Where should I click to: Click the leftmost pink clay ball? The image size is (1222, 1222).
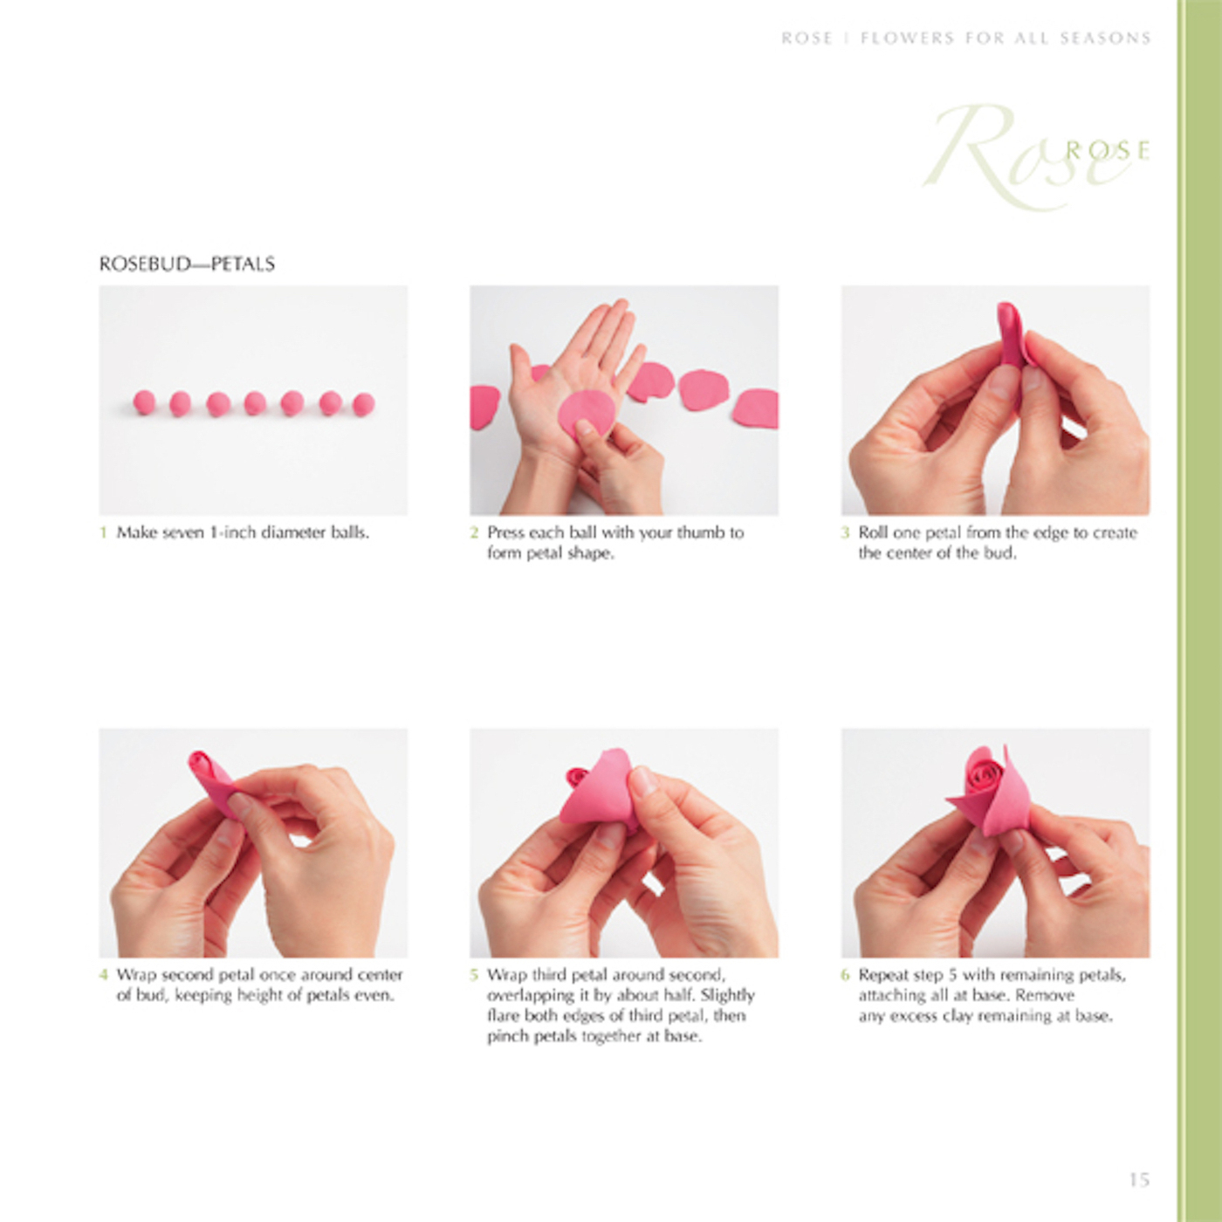tap(144, 402)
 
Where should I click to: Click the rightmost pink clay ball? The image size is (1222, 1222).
tap(363, 404)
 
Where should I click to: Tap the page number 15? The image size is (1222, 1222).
tap(1139, 1179)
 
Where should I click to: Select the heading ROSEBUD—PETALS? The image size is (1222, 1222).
tap(187, 264)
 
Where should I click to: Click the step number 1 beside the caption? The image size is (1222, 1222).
tap(103, 532)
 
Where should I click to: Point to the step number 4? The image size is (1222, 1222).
tap(103, 975)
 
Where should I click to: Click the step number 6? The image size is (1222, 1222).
tap(845, 975)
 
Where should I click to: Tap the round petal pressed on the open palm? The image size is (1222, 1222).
tap(587, 414)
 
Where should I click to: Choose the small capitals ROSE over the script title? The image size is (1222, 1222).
tap(1107, 150)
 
